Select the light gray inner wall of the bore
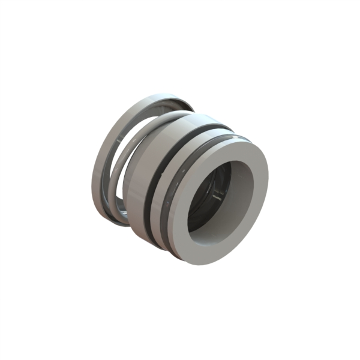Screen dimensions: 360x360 tap(242, 192)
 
